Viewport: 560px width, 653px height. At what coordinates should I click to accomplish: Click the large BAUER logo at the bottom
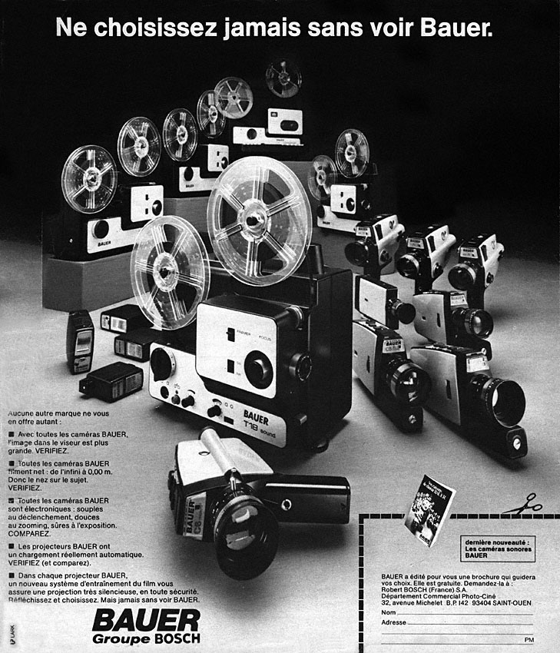click(146, 621)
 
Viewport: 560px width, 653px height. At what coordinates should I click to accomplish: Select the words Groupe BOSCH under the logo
click(146, 639)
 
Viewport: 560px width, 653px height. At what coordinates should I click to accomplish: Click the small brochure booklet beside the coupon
click(429, 510)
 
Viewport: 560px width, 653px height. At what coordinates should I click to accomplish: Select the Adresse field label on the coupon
click(393, 622)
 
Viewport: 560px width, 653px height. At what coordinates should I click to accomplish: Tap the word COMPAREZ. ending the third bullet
click(28, 532)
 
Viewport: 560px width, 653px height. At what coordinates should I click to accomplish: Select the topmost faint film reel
click(283, 78)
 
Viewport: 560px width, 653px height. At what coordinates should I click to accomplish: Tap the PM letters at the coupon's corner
click(529, 639)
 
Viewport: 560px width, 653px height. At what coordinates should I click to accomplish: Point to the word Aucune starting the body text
click(23, 413)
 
